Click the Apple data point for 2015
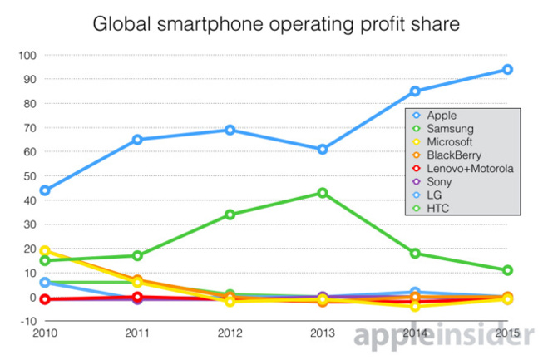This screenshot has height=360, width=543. (507, 70)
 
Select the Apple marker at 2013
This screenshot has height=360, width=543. (322, 150)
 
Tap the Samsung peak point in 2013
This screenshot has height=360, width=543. (322, 193)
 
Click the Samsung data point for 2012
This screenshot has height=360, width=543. (230, 215)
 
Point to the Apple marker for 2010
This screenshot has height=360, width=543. (44, 190)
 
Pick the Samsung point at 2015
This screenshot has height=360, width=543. (507, 270)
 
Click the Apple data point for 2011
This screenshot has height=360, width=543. (137, 140)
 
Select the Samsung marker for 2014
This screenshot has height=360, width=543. (415, 254)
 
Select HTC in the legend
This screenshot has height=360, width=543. (437, 208)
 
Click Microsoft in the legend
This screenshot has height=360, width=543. (449, 142)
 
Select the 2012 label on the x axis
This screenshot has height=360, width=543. (230, 334)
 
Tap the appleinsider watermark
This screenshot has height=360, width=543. (432, 335)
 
